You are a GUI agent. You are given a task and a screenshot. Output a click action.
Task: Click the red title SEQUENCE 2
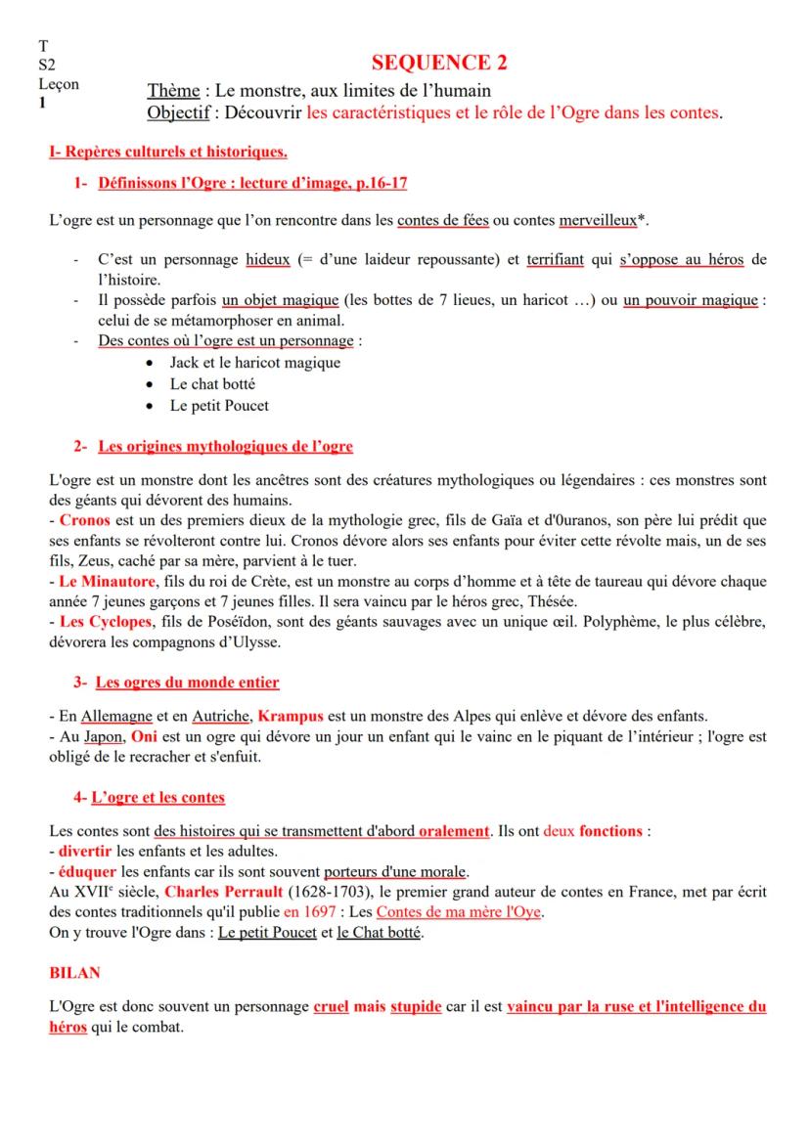coord(440,65)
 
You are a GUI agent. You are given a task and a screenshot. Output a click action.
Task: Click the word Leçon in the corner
coord(59,84)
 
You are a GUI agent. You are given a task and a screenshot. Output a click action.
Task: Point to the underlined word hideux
coord(263,260)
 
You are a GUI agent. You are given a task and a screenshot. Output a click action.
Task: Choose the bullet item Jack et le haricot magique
coord(255,363)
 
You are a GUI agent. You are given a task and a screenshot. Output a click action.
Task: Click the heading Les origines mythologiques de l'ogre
coord(226,447)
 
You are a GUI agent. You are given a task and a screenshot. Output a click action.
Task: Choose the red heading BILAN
coord(72,974)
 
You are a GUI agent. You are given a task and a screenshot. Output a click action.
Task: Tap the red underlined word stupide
coord(416,1006)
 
